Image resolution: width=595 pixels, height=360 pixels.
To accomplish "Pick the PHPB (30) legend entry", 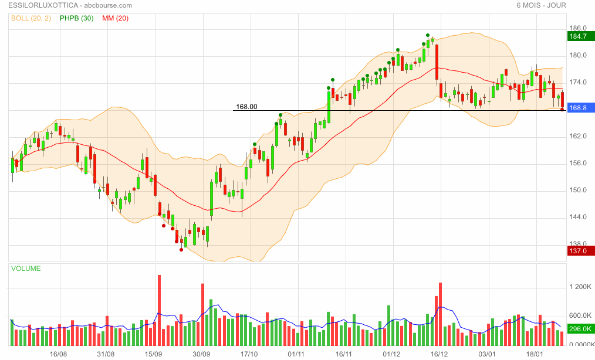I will pyautogui.click(x=76, y=18).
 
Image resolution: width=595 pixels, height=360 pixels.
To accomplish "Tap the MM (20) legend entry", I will pyautogui.click(x=115, y=18).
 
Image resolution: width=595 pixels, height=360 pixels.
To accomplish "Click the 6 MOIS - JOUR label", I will pyautogui.click(x=540, y=5).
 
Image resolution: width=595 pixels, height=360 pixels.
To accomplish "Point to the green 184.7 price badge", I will pyautogui.click(x=580, y=36).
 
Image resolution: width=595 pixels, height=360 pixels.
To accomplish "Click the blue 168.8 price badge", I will pyautogui.click(x=580, y=108).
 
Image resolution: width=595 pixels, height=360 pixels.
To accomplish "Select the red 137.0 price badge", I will pyautogui.click(x=580, y=251).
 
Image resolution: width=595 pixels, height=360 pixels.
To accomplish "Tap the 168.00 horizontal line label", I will pyautogui.click(x=246, y=107).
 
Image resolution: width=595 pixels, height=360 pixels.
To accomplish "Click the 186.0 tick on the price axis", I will pyautogui.click(x=579, y=28).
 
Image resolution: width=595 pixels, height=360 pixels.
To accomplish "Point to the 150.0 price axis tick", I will pyautogui.click(x=579, y=190).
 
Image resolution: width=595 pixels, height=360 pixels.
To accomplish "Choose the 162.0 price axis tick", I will pyautogui.click(x=579, y=136).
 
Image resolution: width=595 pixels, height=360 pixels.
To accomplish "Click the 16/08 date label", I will pyautogui.click(x=58, y=354).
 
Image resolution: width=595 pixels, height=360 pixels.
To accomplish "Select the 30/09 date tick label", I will pyautogui.click(x=201, y=354).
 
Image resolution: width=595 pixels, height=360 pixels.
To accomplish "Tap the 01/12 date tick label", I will pyautogui.click(x=391, y=354).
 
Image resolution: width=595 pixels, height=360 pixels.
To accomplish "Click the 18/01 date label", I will pyautogui.click(x=535, y=354).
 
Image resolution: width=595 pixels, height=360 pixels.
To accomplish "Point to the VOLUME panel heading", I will pyautogui.click(x=26, y=269).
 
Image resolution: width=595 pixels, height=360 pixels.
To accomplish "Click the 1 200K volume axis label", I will pyautogui.click(x=581, y=287).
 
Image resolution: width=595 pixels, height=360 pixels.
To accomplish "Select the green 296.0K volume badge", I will pyautogui.click(x=581, y=329).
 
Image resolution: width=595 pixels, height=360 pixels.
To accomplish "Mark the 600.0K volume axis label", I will pyautogui.click(x=581, y=315).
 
